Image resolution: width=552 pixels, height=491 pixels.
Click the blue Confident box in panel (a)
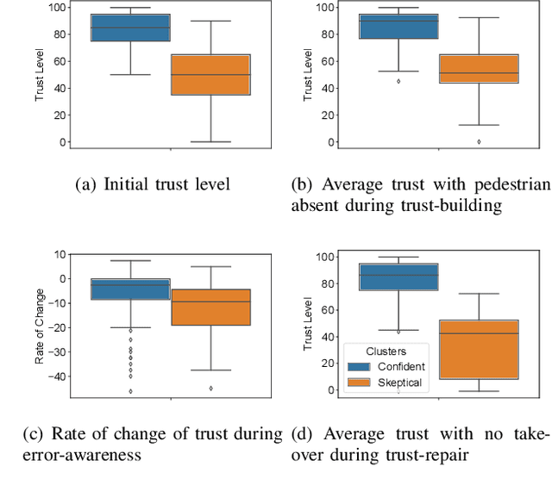(131, 28)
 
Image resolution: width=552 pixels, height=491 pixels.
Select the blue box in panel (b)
(398, 26)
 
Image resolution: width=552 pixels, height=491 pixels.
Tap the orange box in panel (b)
(479, 69)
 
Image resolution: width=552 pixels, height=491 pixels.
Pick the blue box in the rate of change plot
(131, 289)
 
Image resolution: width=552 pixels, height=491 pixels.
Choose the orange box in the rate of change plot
(210, 307)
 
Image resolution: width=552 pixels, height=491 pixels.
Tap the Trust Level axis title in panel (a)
(40, 76)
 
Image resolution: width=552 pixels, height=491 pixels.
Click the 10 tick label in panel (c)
(60, 254)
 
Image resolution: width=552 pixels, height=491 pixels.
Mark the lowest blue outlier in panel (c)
(131, 391)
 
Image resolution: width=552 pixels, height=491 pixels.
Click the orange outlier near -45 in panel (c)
(210, 388)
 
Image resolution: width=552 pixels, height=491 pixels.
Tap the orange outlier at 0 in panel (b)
(479, 141)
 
